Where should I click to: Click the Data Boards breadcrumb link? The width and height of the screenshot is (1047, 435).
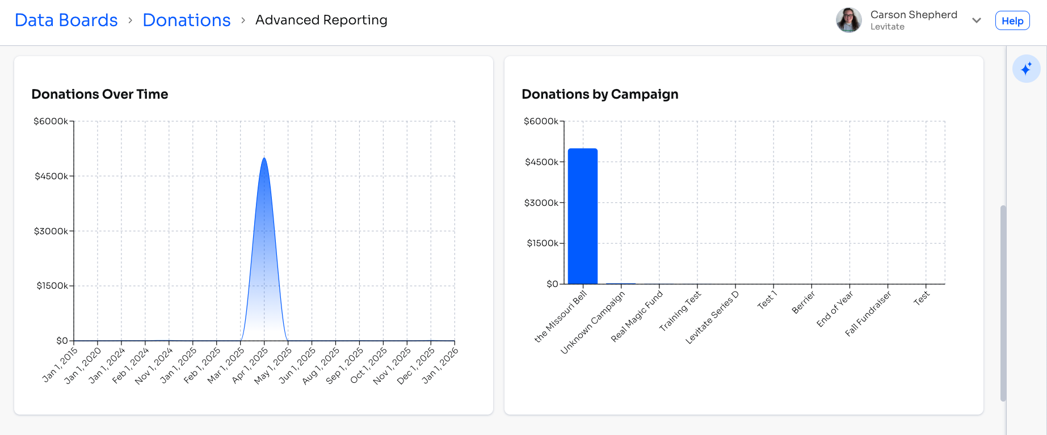click(66, 20)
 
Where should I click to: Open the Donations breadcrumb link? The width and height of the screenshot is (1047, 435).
click(187, 20)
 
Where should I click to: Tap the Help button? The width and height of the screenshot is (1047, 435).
click(1012, 21)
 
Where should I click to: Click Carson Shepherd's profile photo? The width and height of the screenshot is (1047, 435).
click(848, 20)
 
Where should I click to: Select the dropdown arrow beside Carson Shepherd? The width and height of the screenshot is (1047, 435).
click(976, 20)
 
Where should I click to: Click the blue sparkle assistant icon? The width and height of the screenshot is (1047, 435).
click(1026, 69)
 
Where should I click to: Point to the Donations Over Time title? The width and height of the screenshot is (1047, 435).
click(100, 94)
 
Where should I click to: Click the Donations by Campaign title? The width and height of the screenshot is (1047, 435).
click(600, 94)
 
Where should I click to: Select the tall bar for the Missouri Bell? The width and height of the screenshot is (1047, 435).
click(583, 216)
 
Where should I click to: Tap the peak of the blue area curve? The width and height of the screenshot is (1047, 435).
click(264, 159)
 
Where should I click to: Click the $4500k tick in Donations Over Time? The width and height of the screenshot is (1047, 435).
click(51, 176)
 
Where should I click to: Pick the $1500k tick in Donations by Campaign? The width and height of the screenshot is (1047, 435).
click(543, 243)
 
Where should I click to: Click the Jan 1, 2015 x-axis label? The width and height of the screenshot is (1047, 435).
click(60, 365)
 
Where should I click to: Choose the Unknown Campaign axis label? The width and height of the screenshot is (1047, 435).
click(592, 323)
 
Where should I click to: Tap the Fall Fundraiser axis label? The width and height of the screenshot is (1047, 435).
click(868, 314)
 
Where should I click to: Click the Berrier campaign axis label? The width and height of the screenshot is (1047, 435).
click(804, 302)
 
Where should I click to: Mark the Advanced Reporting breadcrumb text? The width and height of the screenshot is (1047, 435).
click(321, 20)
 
